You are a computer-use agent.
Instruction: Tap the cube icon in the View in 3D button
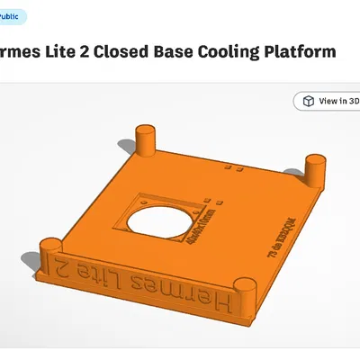(x=308, y=101)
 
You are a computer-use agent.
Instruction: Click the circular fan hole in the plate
(x=156, y=225)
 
